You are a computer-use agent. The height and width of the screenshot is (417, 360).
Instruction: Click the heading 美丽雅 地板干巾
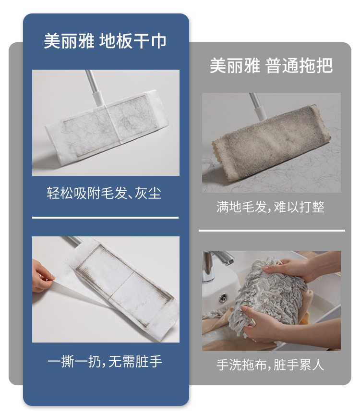pyautogui.click(x=105, y=41)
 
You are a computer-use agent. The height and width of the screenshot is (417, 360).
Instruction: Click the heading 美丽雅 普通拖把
pyautogui.click(x=271, y=65)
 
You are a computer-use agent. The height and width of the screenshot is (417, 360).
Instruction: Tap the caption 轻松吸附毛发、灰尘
pyautogui.click(x=104, y=193)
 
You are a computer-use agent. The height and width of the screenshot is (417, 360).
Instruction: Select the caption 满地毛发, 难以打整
pyautogui.click(x=270, y=207)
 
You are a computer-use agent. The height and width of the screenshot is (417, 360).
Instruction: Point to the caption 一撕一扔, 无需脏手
pyautogui.click(x=105, y=362)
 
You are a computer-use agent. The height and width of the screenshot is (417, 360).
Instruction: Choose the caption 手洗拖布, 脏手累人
pyautogui.click(x=270, y=365)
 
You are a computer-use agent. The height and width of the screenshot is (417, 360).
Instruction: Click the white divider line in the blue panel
pyautogui.click(x=105, y=218)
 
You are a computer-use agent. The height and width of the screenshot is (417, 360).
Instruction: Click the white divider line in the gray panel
pyautogui.click(x=272, y=231)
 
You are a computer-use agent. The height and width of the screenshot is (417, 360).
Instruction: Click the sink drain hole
pyautogui.click(x=223, y=297)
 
